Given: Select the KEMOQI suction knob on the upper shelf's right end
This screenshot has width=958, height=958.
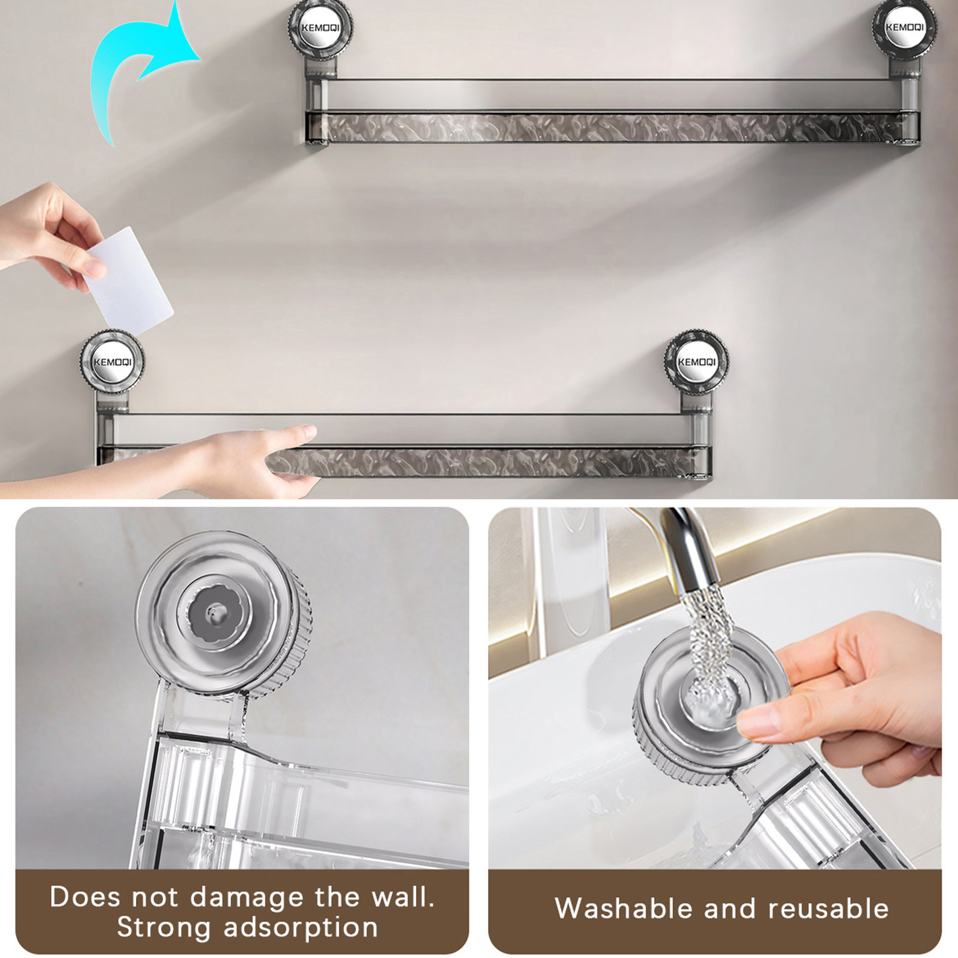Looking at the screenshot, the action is [x=904, y=28].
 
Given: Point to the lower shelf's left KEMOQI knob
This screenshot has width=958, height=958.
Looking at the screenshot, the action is [x=112, y=362].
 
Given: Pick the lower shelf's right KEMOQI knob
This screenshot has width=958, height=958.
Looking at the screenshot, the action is [x=696, y=362].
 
